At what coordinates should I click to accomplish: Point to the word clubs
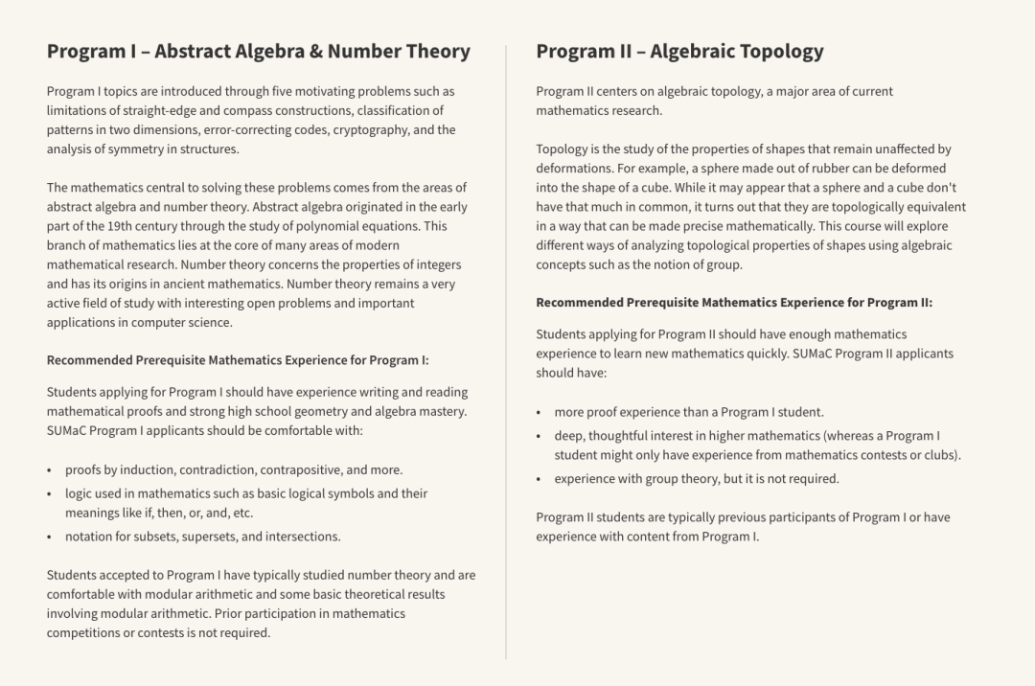click(940, 455)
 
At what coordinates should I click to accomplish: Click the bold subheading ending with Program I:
click(238, 360)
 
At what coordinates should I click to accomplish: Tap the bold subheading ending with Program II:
click(733, 303)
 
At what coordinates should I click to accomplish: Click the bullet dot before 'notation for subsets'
click(50, 537)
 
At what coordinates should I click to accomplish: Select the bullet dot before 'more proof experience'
click(540, 413)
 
